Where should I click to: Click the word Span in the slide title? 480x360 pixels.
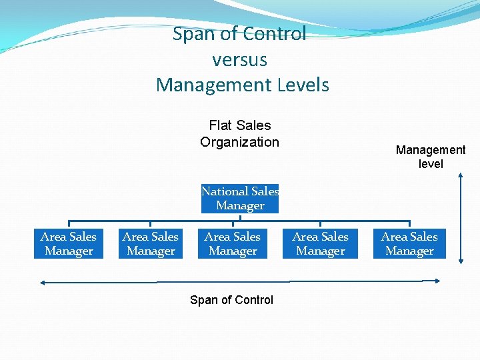click(x=193, y=34)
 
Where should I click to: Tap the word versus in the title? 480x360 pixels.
click(x=240, y=60)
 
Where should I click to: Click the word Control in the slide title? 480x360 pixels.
click(x=274, y=34)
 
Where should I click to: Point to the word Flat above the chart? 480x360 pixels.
click(x=220, y=125)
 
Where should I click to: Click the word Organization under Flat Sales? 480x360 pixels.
click(x=239, y=142)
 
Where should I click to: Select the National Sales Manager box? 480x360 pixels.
click(x=240, y=199)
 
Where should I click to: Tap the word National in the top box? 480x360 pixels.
click(x=224, y=191)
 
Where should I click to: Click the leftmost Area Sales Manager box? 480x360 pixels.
click(x=69, y=244)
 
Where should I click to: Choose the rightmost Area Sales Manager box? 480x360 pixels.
click(x=409, y=244)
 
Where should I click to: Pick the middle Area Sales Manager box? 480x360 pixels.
click(x=233, y=244)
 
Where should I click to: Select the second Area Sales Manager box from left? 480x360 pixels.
click(x=151, y=244)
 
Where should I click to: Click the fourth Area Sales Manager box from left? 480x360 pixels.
click(x=320, y=244)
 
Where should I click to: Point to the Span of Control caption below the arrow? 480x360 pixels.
click(x=231, y=300)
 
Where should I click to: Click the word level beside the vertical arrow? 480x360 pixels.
click(x=431, y=164)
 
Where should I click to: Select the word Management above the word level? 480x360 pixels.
click(x=431, y=151)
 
